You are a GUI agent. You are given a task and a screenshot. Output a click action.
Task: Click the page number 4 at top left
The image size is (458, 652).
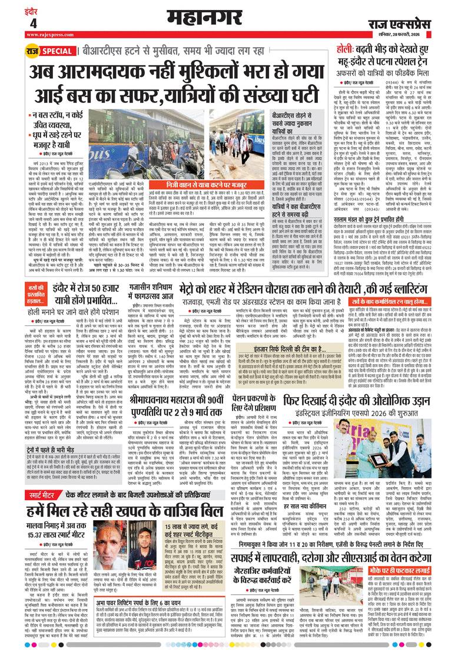coord(33,23)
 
